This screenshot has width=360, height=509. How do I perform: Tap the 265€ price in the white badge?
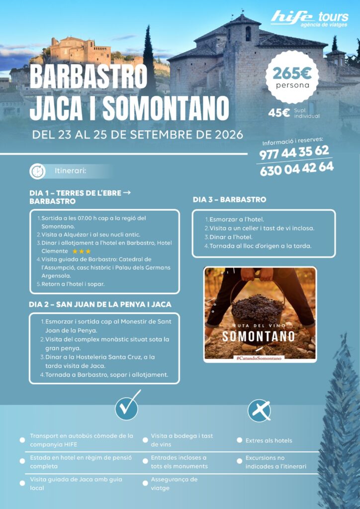click(292, 73)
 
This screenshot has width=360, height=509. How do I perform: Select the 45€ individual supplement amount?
click(279, 113)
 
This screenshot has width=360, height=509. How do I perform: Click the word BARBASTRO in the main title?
click(89, 77)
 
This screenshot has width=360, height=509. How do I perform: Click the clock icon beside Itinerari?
click(37, 171)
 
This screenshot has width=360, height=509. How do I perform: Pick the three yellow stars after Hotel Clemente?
click(82, 252)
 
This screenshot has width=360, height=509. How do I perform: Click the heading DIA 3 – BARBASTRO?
click(229, 200)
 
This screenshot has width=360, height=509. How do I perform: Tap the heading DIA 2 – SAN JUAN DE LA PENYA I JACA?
click(100, 304)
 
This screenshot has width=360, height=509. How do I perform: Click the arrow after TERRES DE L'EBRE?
click(126, 192)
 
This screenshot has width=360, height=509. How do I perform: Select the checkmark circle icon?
click(127, 408)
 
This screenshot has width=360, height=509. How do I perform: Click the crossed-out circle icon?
click(259, 411)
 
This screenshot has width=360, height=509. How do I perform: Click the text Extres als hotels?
click(269, 440)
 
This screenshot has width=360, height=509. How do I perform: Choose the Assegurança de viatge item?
click(174, 484)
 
